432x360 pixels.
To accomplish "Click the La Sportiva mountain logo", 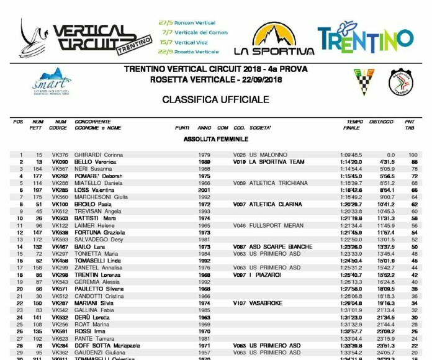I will [274, 38].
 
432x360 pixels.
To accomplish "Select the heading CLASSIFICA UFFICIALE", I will [215, 99].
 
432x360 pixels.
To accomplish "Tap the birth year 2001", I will [204, 190].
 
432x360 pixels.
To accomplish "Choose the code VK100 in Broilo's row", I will [60, 204].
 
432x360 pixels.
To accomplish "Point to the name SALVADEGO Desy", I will [99, 240].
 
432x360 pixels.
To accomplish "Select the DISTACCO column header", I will [381, 121].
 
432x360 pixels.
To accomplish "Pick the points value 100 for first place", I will [413, 155].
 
